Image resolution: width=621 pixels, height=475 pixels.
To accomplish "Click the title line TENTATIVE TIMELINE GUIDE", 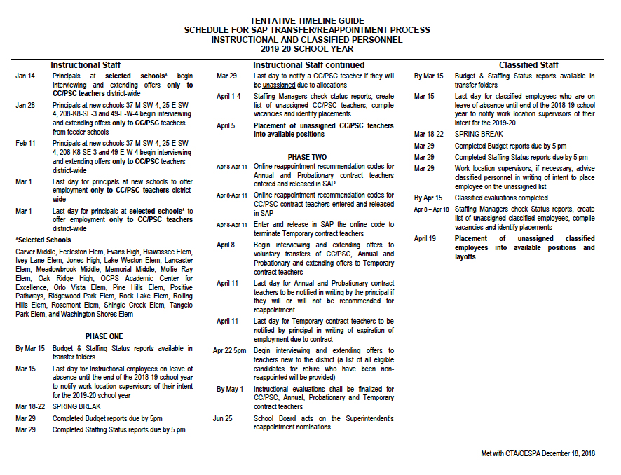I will (x=307, y=21).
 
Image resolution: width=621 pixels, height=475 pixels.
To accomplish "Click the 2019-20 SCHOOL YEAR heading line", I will (x=307, y=49).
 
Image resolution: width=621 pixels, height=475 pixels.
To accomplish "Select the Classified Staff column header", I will (x=528, y=65).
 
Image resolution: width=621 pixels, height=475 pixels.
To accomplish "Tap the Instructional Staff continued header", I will (x=302, y=65).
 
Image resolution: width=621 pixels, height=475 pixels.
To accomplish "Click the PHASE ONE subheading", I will (x=103, y=336).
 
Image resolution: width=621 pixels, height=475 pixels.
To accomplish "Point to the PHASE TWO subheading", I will (x=307, y=156).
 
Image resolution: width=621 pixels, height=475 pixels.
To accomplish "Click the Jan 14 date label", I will (x=25, y=76).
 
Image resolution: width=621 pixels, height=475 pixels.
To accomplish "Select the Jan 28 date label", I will (x=25, y=105).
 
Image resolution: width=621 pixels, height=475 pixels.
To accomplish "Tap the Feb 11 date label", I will (x=26, y=143).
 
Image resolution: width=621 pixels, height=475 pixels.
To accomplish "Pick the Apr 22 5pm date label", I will (x=230, y=350).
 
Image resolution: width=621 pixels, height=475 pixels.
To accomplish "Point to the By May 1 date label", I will (x=229, y=389).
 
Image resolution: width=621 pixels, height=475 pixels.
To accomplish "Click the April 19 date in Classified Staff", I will (x=425, y=239).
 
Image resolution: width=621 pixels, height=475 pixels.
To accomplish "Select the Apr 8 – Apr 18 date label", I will (x=431, y=209).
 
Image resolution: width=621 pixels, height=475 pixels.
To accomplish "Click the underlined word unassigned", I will (x=278, y=84).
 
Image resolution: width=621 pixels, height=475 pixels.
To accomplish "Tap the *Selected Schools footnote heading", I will (x=43, y=240).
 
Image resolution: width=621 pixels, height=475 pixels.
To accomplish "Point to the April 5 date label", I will (x=226, y=126).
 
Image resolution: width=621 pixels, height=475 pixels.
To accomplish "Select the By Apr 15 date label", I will (x=428, y=198).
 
